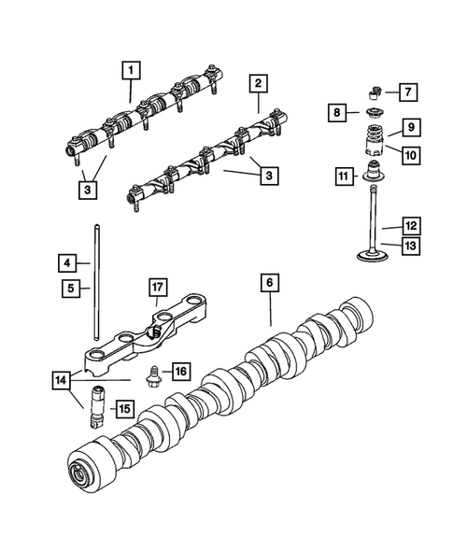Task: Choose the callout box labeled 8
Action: coord(339,113)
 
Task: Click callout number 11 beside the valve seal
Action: coord(344,175)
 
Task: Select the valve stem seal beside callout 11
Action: coord(377,173)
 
